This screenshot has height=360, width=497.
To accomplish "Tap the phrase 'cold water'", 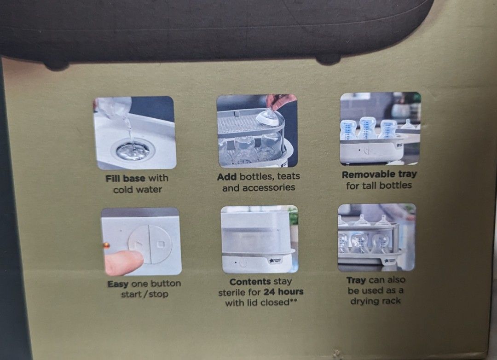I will (138, 189).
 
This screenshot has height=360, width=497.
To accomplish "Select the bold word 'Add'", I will (227, 176).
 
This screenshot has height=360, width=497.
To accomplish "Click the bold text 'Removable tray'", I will (379, 174).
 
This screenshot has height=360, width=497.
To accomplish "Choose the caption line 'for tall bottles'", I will (379, 186).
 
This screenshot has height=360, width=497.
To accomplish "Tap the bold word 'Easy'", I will (117, 284).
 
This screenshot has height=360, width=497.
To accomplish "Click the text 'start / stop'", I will (144, 294).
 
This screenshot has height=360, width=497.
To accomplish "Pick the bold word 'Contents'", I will (250, 281).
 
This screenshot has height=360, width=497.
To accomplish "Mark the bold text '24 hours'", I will (283, 292).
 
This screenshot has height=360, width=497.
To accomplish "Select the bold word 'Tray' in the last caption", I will (356, 280).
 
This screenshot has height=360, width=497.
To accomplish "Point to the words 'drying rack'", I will (376, 301).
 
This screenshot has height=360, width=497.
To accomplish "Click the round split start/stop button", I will (150, 244).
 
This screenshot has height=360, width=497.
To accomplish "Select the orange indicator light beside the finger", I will (106, 245).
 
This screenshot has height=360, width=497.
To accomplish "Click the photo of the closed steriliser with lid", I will (259, 239).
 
